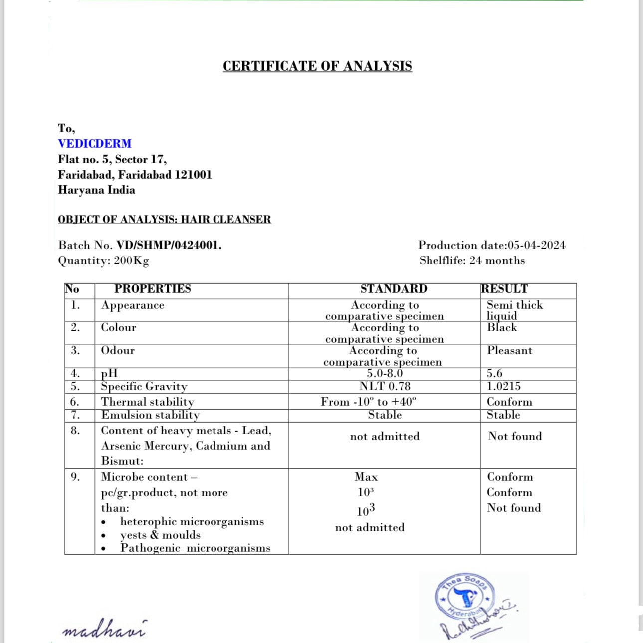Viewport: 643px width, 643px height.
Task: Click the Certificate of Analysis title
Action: [317, 66]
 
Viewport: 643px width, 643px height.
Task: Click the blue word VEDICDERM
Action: [95, 144]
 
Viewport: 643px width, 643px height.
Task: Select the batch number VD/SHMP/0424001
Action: [169, 245]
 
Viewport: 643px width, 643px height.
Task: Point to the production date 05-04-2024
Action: [536, 245]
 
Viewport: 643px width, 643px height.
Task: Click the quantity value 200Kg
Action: [131, 261]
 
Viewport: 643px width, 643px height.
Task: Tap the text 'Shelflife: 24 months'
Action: [472, 261]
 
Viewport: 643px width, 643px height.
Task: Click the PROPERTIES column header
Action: [153, 289]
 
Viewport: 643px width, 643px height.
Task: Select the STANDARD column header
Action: [394, 289]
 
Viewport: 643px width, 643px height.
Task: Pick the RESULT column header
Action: [504, 289]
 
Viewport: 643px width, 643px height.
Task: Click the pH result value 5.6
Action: [495, 373]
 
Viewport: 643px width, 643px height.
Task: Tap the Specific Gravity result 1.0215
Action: [503, 386]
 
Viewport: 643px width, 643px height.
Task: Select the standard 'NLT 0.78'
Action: [385, 386]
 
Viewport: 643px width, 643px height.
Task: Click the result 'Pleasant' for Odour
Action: [509, 351]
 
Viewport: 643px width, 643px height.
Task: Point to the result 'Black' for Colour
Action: [502, 328]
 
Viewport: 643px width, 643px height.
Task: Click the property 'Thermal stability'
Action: [147, 402]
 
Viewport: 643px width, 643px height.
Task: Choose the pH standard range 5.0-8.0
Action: [385, 373]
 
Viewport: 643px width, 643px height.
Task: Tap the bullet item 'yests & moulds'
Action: [160, 535]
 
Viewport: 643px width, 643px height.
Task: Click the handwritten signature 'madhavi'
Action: [104, 629]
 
